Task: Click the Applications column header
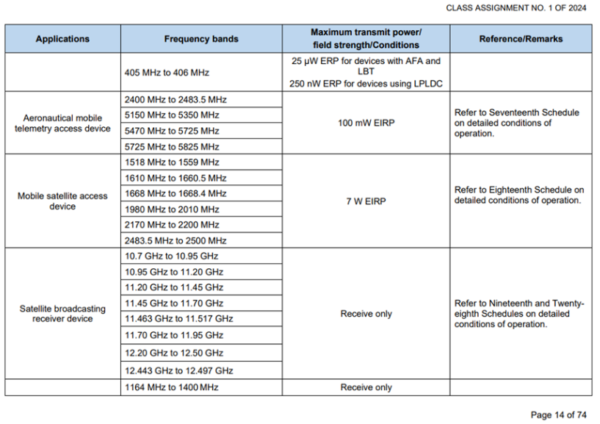[62, 39]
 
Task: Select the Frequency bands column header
[201, 39]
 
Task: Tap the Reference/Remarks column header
[521, 39]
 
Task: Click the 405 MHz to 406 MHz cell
[167, 73]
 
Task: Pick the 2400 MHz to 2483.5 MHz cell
[176, 99]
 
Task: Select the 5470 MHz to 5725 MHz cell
[172, 131]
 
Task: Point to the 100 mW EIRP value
[366, 123]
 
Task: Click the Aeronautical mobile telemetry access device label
[62, 123]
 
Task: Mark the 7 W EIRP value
[366, 201]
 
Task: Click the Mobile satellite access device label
[62, 201]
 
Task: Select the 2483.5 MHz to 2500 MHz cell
[176, 241]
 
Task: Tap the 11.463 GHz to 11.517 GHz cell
[179, 319]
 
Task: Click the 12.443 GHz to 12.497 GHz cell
[179, 371]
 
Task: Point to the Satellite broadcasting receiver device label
[62, 314]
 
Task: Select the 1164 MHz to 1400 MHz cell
[172, 387]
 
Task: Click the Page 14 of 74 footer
[559, 415]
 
